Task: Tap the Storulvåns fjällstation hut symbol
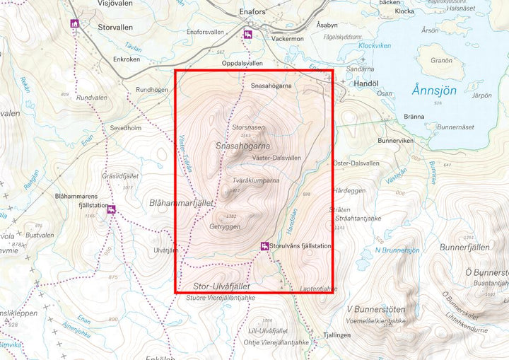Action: point(264,246)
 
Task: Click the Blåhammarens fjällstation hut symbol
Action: point(112,209)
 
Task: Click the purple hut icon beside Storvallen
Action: point(74,24)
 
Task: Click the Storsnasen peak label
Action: point(248,127)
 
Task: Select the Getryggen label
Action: point(225,226)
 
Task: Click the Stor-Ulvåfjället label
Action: point(221,286)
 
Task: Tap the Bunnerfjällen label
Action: point(464,248)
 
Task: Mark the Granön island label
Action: point(441,60)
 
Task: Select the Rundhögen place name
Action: point(152,90)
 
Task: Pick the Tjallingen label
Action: point(337,335)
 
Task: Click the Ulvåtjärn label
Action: point(165,250)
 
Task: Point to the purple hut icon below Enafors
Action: point(247,35)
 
